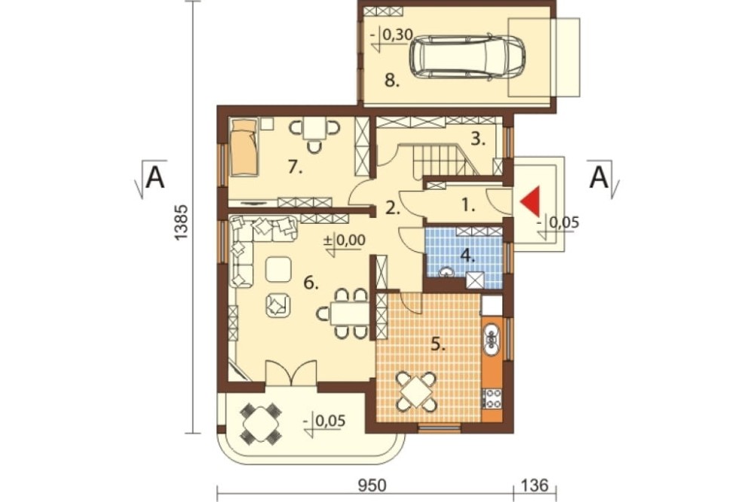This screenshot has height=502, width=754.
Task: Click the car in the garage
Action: pos(467,55)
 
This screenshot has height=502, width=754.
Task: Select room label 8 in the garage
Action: pos(392,81)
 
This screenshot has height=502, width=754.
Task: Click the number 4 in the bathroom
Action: pos(467,256)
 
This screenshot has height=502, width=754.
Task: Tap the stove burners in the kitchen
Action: pos(492,398)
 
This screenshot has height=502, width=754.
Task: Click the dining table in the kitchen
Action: pos(416,392)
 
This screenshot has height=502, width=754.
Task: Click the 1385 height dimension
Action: pos(180,222)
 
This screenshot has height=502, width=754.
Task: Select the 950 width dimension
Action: pos(372,485)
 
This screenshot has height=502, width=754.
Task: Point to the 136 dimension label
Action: pos(535,485)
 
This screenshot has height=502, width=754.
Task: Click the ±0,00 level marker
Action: pos(345,240)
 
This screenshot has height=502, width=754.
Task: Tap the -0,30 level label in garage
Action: pos(392,35)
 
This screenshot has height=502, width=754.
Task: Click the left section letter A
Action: pos(155,178)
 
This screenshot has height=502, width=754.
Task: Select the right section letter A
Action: pos(599,178)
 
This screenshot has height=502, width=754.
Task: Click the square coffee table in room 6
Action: pos(278,269)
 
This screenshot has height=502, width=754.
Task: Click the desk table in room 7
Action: pos(314,128)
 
